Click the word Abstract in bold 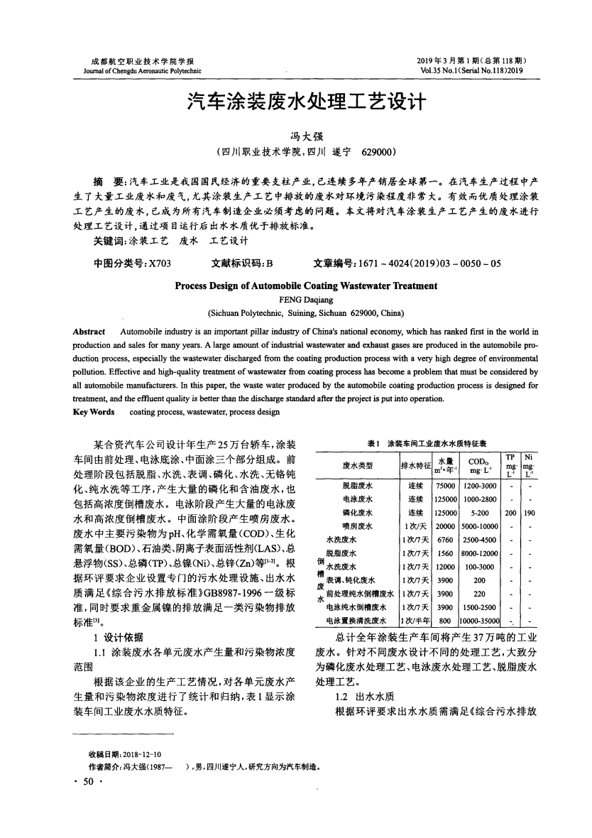point(89,332)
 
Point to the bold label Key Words point(94,413)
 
